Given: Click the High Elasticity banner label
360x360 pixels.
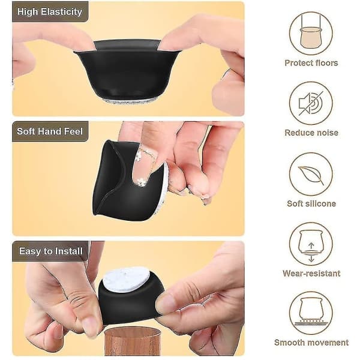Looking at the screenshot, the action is (x=50, y=12).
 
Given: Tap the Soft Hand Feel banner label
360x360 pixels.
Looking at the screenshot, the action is (x=50, y=131).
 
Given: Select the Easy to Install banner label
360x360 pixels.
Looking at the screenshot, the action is (x=51, y=251).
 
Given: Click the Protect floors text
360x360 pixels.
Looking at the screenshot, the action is (x=311, y=63).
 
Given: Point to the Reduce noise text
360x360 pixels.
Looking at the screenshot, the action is (x=311, y=133).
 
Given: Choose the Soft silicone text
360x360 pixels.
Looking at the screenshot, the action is (x=311, y=203).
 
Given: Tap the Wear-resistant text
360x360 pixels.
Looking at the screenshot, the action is (x=311, y=273).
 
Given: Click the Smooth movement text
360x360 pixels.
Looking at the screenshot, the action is (x=311, y=343).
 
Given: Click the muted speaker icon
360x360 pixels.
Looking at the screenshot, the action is (x=311, y=103).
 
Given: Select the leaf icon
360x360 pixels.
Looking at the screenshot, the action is (x=311, y=174).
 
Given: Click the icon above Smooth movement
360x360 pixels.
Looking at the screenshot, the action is (x=311, y=313).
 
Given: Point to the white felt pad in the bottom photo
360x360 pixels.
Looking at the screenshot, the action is (x=126, y=280).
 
